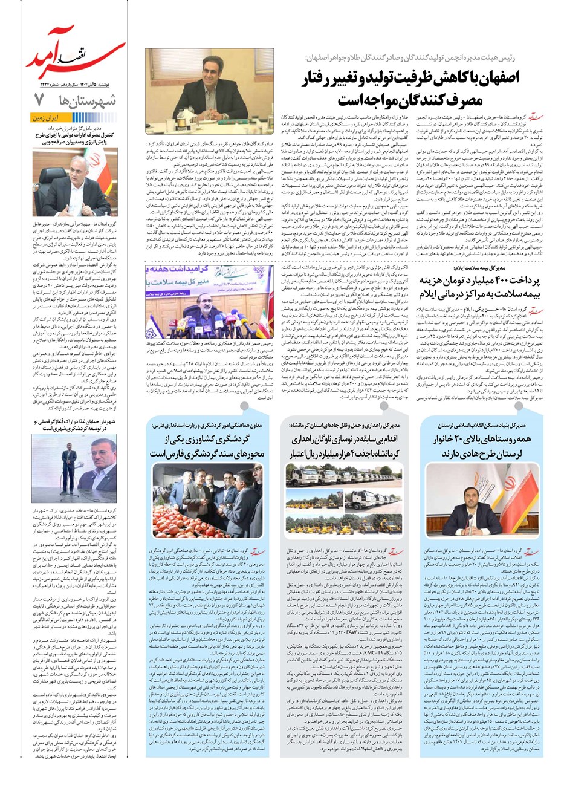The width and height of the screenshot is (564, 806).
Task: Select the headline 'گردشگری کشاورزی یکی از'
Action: point(209,440)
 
